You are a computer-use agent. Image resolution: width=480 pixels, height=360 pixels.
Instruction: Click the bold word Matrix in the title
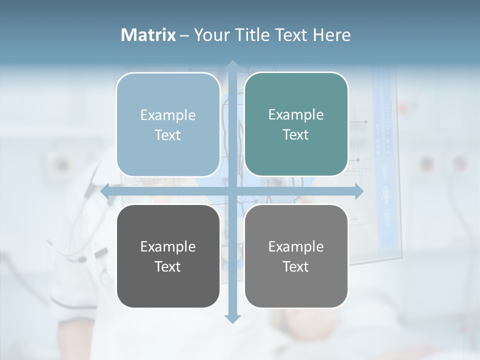pyautogui.click(x=148, y=35)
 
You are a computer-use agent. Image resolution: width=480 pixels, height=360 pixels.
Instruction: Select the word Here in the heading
pyautogui.click(x=331, y=35)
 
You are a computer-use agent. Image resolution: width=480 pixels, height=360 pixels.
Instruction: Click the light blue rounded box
pyautogui.click(x=168, y=124)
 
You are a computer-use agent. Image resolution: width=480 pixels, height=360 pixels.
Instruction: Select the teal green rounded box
pyautogui.click(x=296, y=124)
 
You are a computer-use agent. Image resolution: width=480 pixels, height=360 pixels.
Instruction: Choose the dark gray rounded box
pyautogui.click(x=168, y=256)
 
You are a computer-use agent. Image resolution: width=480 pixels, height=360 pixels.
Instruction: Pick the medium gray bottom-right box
pyautogui.click(x=296, y=256)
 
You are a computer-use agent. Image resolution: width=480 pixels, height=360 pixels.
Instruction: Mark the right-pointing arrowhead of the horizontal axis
pyautogui.click(x=358, y=191)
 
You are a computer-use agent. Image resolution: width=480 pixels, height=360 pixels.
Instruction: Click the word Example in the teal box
pyautogui.click(x=296, y=115)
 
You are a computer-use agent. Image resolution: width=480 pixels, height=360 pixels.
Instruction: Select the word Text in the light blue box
pyautogui.click(x=168, y=135)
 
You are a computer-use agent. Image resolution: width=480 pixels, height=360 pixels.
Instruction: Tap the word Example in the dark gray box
pyautogui.click(x=168, y=246)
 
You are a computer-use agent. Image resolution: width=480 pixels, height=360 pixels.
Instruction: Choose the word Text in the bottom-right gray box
pyautogui.click(x=296, y=266)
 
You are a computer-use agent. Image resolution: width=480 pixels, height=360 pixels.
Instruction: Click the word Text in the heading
pyautogui.click(x=291, y=35)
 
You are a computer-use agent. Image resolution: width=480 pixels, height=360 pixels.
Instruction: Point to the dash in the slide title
pyautogui.click(x=184, y=35)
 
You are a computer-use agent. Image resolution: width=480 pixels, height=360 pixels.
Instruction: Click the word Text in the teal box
pyautogui.click(x=296, y=135)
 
